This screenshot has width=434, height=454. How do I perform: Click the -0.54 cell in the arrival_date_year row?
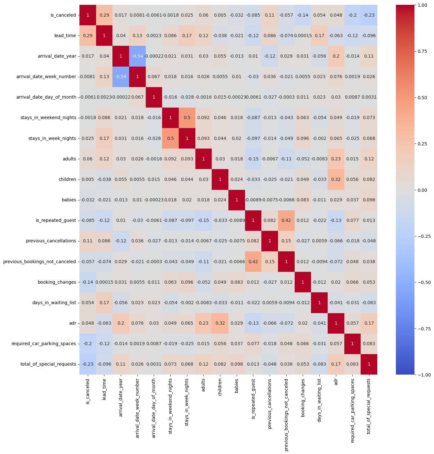[137, 56]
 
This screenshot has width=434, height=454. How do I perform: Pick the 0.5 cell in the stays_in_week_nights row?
[170, 138]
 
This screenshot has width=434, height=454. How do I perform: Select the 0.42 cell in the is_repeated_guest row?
[286, 220]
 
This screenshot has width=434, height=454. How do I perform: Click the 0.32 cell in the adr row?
[220, 323]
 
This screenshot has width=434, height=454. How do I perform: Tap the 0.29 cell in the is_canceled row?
[104, 15]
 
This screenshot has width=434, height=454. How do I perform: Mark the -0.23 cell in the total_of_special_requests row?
[88, 364]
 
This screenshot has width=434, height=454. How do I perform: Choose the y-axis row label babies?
[70, 200]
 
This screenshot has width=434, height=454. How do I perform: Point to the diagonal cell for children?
[220, 179]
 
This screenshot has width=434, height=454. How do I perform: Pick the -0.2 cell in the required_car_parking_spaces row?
[88, 344]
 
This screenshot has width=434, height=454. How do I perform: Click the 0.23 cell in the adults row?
[336, 159]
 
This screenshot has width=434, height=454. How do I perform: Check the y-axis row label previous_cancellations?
[51, 241]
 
